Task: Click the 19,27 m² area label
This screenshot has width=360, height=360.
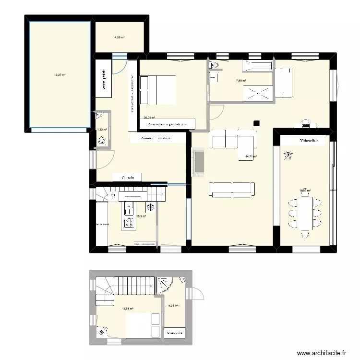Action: (x=60, y=75)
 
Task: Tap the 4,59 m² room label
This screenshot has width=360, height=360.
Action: (x=119, y=37)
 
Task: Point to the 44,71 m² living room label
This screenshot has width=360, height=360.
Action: (x=251, y=156)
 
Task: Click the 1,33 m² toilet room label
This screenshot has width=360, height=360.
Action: (x=102, y=129)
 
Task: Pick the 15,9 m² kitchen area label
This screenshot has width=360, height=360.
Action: (x=141, y=216)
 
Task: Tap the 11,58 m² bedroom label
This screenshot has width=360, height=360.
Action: (x=127, y=309)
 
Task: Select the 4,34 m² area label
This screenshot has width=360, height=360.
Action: (x=173, y=306)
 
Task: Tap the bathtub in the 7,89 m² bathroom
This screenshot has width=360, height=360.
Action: (x=257, y=66)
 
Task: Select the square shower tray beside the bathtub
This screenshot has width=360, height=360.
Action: (x=258, y=93)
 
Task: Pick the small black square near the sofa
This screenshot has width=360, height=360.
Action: (x=257, y=122)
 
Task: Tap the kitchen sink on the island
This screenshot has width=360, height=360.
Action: (x=130, y=208)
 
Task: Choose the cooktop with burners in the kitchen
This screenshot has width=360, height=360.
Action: (x=129, y=222)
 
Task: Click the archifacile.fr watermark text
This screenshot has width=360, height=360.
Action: (x=321, y=353)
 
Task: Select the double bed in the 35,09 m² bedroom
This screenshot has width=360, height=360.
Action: (x=157, y=90)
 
